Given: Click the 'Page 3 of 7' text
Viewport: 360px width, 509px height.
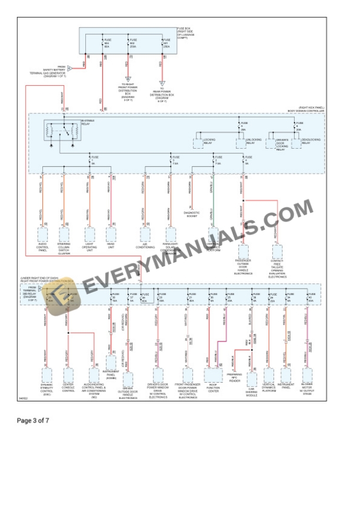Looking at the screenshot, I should (33, 420).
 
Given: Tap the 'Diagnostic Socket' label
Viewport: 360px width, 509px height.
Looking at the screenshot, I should (192, 214).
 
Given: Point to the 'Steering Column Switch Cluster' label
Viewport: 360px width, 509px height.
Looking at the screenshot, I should (64, 250).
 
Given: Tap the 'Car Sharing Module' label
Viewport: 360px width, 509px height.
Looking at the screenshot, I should (251, 393).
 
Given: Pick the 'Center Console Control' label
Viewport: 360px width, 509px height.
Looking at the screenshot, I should (69, 389).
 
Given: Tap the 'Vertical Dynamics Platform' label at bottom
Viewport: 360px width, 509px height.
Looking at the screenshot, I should (269, 389).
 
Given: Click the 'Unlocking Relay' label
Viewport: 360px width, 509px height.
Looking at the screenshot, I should (254, 142).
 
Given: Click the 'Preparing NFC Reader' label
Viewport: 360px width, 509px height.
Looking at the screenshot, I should (235, 379).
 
